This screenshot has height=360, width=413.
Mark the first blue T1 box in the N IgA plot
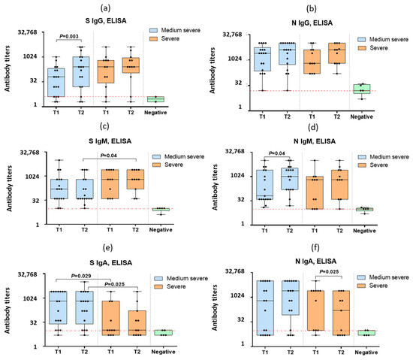click(264, 307)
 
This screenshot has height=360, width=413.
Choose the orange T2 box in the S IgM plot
click(136, 185)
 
